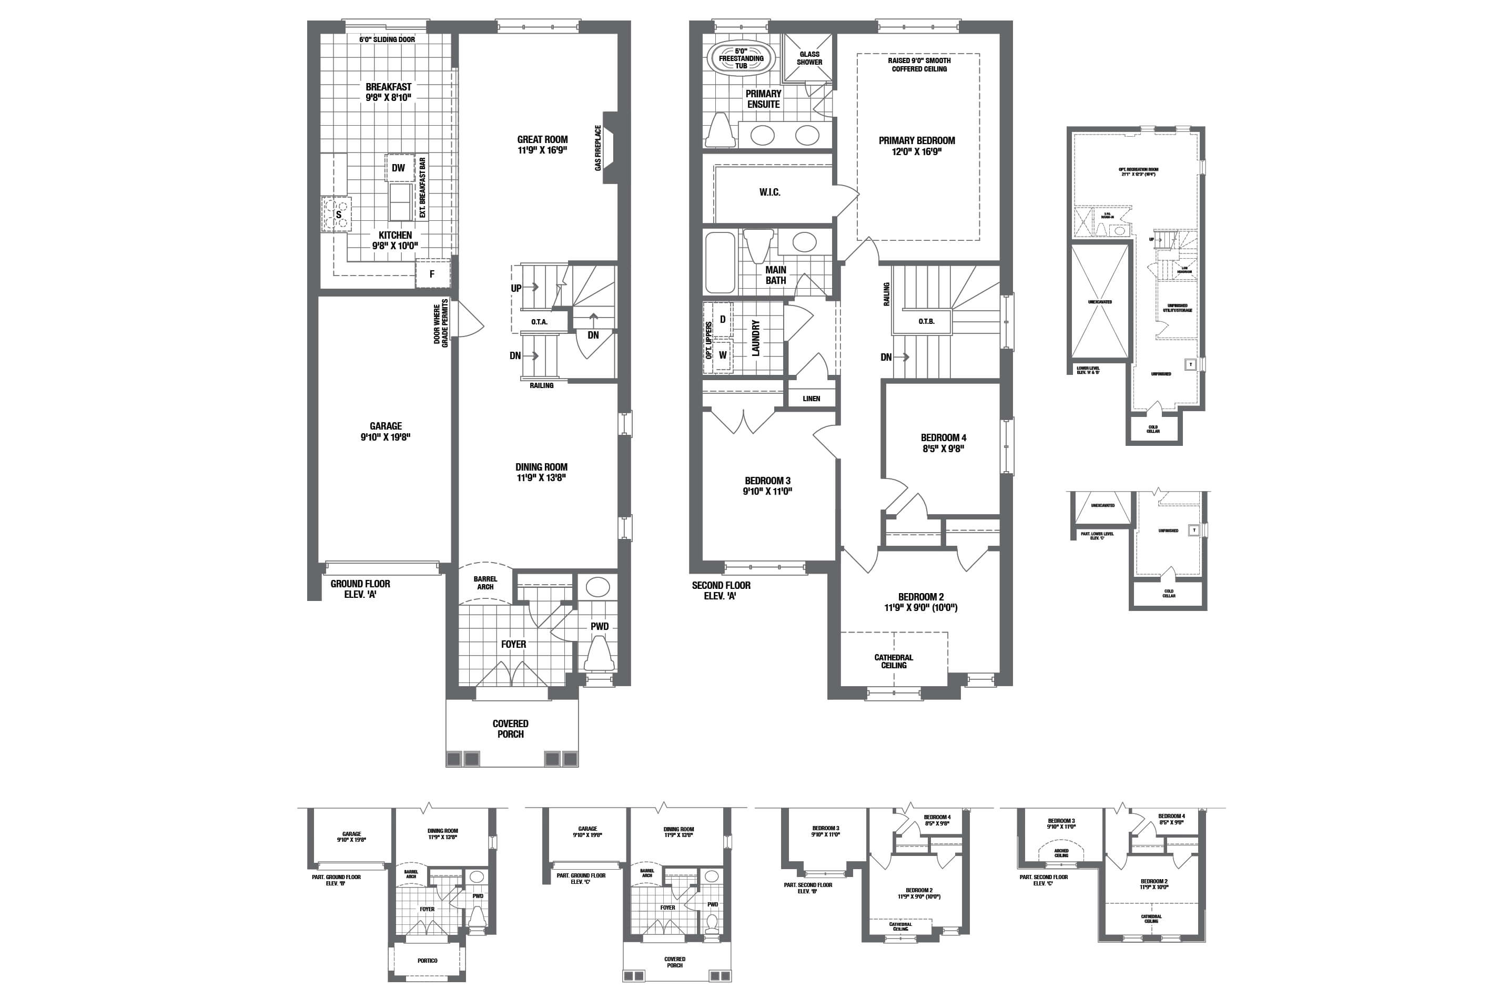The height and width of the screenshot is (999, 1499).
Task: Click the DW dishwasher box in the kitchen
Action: tap(398, 168)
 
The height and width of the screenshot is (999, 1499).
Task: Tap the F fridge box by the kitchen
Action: tap(432, 274)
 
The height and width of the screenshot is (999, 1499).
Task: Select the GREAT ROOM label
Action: tap(542, 139)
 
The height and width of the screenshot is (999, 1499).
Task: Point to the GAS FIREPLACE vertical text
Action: tap(598, 148)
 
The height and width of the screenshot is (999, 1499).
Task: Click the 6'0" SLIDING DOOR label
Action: tap(387, 39)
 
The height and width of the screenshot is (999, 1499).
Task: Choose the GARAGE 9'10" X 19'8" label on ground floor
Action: tap(386, 431)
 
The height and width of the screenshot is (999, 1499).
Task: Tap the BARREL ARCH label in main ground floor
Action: tap(485, 583)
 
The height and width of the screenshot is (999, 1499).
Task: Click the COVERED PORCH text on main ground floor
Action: tap(511, 729)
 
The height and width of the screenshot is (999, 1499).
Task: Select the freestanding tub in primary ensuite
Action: tap(741, 58)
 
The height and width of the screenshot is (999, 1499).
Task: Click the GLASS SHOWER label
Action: tap(809, 58)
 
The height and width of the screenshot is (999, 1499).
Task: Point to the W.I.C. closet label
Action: tap(769, 192)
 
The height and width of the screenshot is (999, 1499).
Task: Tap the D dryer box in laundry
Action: tap(723, 319)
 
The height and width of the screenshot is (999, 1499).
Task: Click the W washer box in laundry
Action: tap(723, 355)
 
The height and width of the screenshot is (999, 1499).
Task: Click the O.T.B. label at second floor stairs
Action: tap(927, 322)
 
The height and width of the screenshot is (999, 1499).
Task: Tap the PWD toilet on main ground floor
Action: tap(599, 655)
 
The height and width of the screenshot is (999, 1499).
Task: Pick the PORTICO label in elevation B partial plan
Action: tap(427, 961)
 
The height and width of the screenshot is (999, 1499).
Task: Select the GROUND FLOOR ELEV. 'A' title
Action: tap(360, 589)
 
